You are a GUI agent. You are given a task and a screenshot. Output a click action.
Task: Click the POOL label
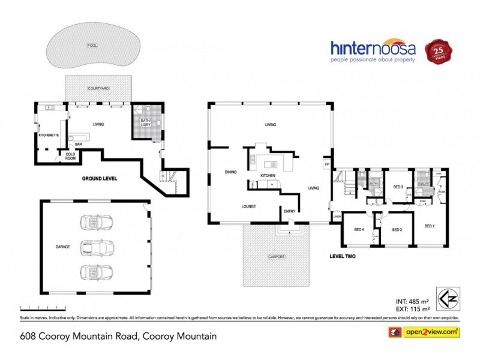point(92,46)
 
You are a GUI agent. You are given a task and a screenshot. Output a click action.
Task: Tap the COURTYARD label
point(98,88)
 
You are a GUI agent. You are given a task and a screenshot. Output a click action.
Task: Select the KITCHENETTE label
point(49,135)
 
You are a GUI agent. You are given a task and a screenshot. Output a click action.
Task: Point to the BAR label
point(79,145)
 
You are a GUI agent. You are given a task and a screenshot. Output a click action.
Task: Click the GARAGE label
point(63,247)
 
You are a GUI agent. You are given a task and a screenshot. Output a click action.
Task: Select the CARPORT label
point(277,257)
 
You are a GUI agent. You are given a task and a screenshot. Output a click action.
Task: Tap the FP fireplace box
point(327,164)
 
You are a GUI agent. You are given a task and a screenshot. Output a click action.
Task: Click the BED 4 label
point(359,229)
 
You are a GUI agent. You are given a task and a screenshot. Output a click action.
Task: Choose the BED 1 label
point(429,226)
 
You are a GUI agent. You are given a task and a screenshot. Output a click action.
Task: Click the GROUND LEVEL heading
point(100,179)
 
